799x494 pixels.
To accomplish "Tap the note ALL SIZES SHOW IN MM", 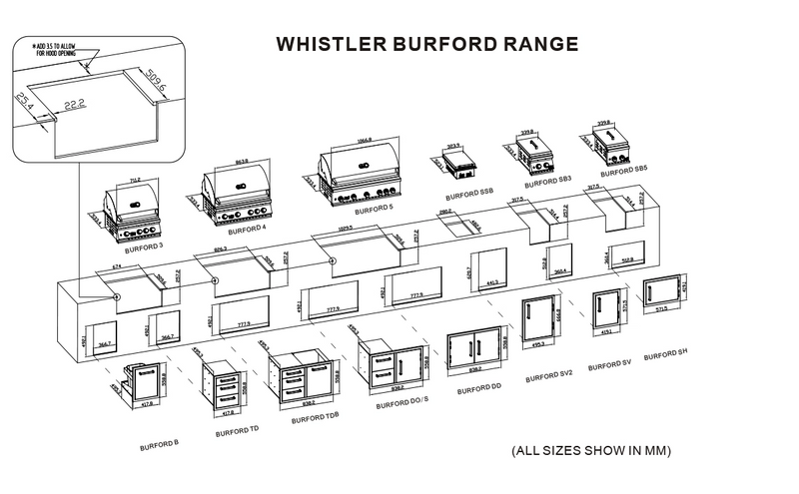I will [591, 450].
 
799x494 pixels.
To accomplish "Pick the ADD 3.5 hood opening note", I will [58, 50].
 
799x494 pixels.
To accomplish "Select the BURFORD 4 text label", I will [250, 229].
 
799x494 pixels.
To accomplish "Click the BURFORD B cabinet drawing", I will [142, 390].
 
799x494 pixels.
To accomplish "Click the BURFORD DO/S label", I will [398, 406].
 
